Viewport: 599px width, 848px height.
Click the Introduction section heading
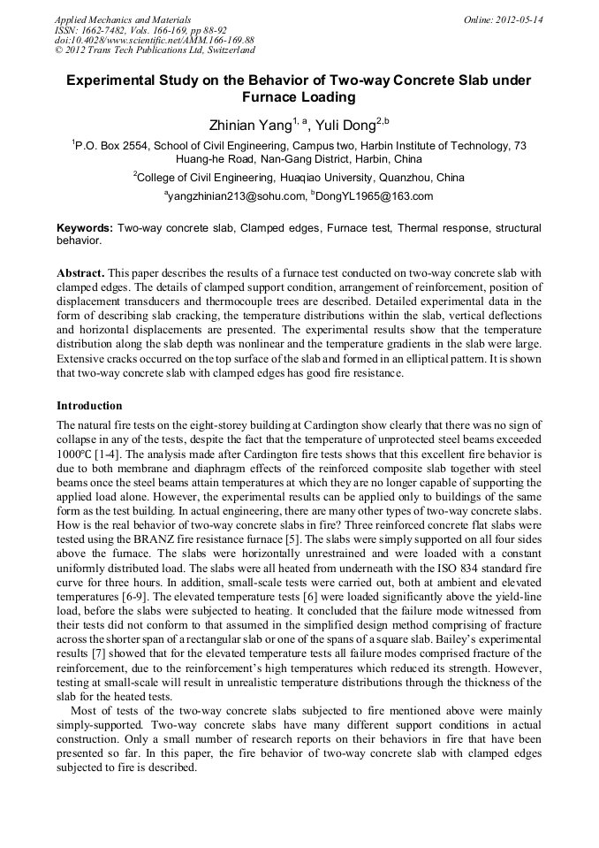click(89, 406)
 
